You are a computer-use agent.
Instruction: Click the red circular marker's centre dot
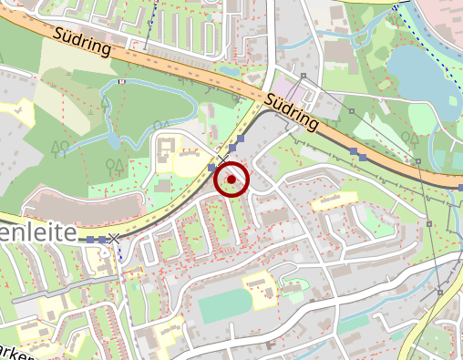point(231,180)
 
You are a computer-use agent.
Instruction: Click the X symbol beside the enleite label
point(113,239)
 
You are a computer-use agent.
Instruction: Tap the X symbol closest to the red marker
point(221,160)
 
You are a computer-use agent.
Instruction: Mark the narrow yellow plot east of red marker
point(333,201)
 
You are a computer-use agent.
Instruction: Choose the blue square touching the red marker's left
point(211,168)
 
